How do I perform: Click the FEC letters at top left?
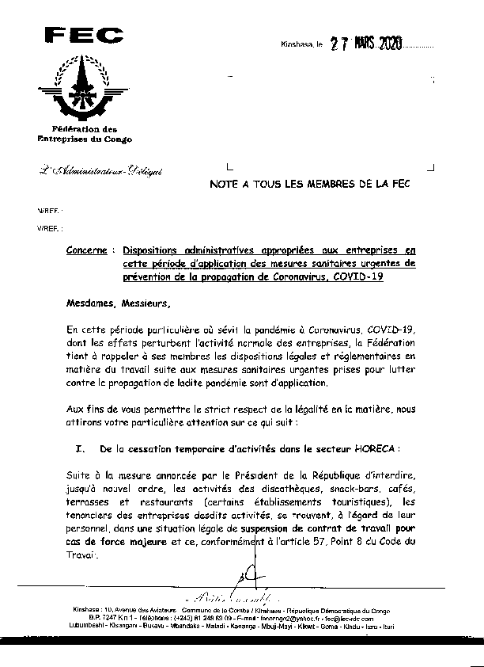click(x=84, y=35)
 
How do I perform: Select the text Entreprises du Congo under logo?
click(x=84, y=139)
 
